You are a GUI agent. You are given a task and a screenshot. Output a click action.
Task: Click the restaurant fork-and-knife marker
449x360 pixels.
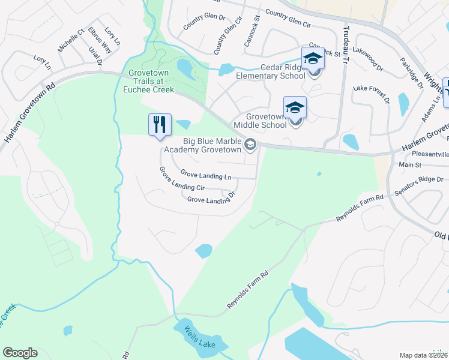tap(160, 125)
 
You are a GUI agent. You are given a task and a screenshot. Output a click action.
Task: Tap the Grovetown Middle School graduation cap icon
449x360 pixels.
tap(295, 108)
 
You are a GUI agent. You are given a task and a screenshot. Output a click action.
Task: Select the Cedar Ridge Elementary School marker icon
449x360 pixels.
tap(313, 59)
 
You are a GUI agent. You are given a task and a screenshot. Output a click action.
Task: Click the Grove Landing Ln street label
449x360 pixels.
tap(206, 176)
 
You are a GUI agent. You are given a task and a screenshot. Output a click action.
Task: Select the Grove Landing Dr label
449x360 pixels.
tap(210, 197)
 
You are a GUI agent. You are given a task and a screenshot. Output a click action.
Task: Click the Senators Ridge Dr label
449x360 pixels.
tap(423, 179)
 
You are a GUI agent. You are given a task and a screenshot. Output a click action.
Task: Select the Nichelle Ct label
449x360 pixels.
tap(71, 40)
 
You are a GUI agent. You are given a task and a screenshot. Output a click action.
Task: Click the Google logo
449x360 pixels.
tap(20, 353)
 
